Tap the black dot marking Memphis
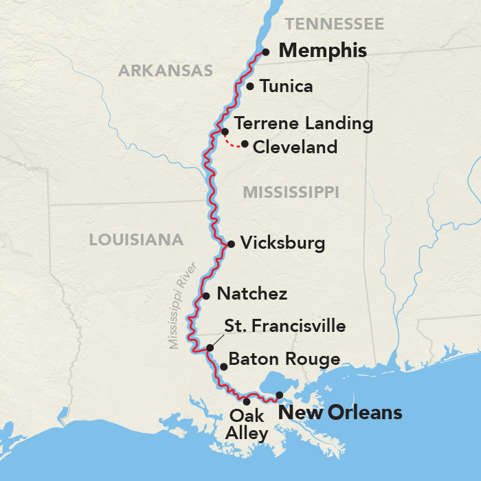coord(266,52)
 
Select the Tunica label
coord(286,87)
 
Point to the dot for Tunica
coord(250,87)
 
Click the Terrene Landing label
coord(303,124)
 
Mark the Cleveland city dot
coord(245,144)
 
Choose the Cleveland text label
coord(295,147)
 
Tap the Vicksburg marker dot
coord(231,244)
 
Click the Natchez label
coord(251,294)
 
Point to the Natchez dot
coord(205,296)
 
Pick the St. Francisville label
coord(285,326)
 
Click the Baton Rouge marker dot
coord(223,367)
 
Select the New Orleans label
coord(339,413)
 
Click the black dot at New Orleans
coord(279,395)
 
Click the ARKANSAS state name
coord(165,71)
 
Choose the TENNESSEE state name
coord(334,25)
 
